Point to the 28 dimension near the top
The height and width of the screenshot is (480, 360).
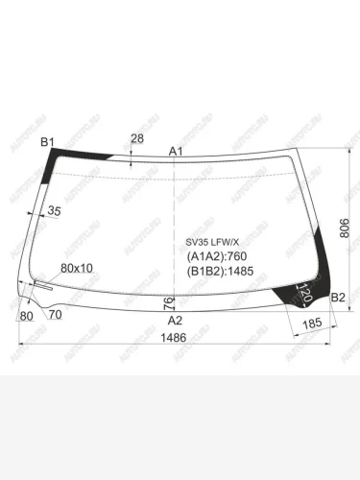(137, 139)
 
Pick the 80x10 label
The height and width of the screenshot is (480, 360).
(77, 268)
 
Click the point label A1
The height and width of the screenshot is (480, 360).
(176, 152)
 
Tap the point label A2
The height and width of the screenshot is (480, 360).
(175, 320)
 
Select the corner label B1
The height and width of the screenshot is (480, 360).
(47, 143)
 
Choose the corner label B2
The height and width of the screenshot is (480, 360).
(338, 299)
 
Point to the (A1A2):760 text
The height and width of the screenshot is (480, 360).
(216, 256)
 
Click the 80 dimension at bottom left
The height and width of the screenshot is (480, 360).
(26, 315)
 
